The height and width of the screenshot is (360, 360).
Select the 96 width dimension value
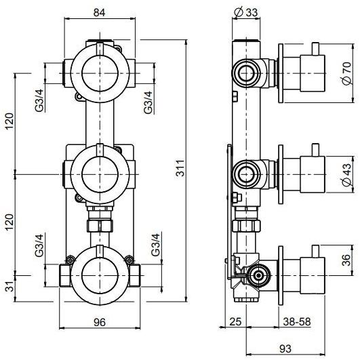pos(98,323)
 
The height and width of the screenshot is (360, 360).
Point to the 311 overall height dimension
pos(180,172)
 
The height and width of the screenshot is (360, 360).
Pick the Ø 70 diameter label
pos(346,69)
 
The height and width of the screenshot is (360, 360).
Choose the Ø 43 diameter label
pos(346,174)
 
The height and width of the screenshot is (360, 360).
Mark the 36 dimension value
pos(346,262)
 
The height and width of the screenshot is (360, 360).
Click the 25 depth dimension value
pos(235,323)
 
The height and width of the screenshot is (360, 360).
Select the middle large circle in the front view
pos(99,172)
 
